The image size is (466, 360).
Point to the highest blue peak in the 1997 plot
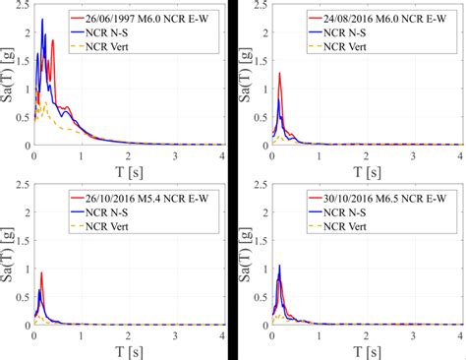tap(41, 20)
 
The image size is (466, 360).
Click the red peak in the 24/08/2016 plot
tap(279, 74)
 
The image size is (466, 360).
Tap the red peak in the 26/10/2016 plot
tap(41, 272)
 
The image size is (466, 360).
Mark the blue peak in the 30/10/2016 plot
tap(279, 266)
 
